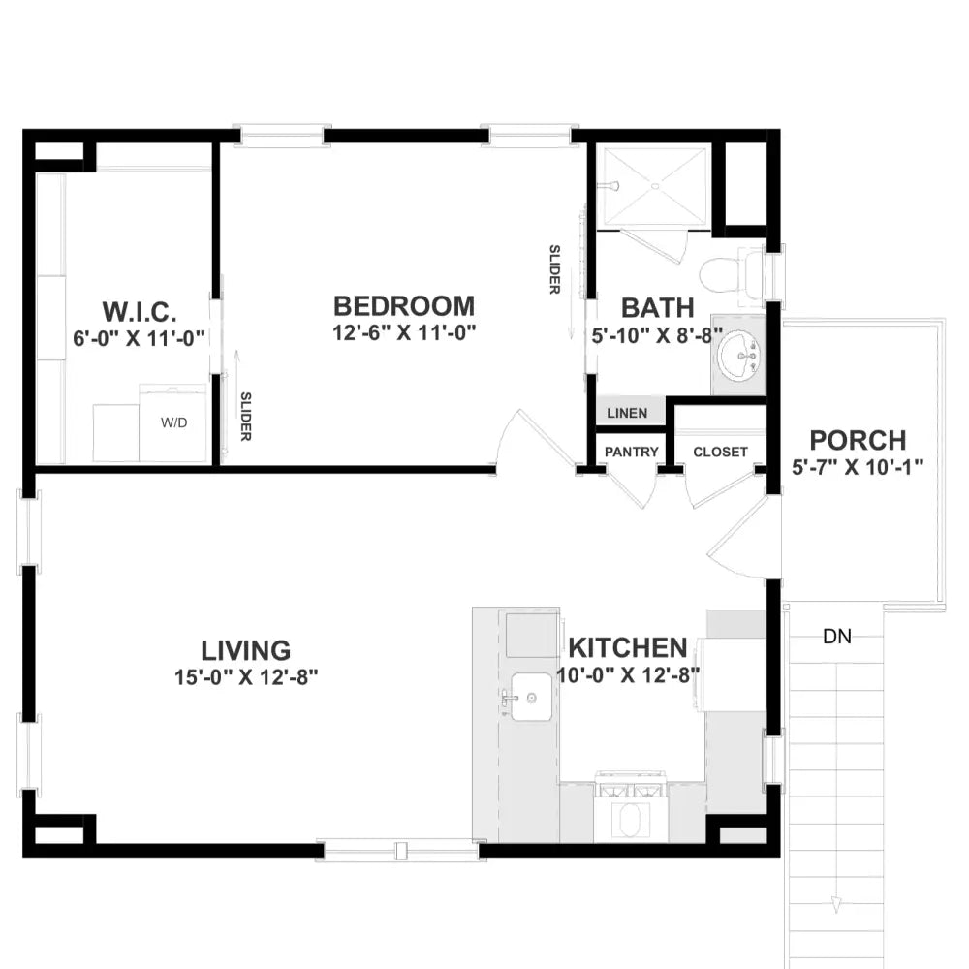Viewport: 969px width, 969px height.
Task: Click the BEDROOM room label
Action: (x=404, y=306)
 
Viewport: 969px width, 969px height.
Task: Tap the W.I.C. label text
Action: (x=140, y=312)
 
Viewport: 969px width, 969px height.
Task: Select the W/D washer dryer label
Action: (x=175, y=422)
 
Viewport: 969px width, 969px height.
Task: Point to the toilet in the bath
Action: (x=727, y=274)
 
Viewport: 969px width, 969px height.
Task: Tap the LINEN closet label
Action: (x=627, y=413)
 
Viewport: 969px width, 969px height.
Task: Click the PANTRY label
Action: (x=632, y=452)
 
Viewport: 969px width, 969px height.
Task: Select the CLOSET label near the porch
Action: (x=720, y=452)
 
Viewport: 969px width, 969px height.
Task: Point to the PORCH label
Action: (x=858, y=440)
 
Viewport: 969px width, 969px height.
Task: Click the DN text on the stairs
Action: (x=837, y=637)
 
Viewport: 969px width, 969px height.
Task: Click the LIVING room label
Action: (x=246, y=650)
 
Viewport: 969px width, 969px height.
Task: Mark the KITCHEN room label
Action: (x=628, y=647)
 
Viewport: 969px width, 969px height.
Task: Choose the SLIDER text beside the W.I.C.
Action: (x=246, y=417)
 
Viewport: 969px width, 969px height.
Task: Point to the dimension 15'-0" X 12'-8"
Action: (x=246, y=676)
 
